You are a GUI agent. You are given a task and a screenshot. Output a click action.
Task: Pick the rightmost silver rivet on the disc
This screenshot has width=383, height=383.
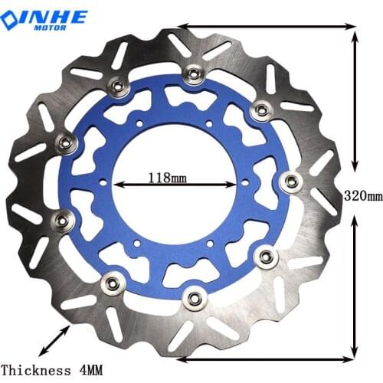tap(290, 182)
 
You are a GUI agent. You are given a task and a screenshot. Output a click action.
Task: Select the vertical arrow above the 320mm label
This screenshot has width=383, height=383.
tap(354, 100)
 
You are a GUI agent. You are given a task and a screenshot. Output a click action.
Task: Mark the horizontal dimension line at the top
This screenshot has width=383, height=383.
tap(268, 27)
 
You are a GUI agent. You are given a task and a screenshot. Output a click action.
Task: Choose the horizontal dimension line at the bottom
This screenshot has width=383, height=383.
tap(268, 358)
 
